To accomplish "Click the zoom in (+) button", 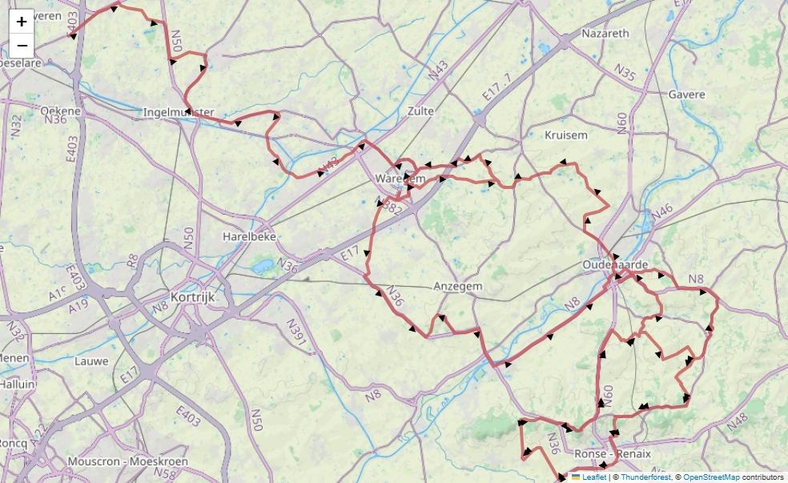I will (x=22, y=22).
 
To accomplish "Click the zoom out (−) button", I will (x=22, y=46).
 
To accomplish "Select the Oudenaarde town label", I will (x=615, y=265).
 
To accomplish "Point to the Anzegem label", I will (x=457, y=286).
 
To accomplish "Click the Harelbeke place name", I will (x=250, y=237).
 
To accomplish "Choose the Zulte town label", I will (x=420, y=111).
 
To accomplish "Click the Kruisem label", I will (x=565, y=135).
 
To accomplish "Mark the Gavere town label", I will (x=686, y=95).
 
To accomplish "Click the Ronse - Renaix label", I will (x=613, y=453).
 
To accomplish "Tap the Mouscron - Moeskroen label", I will (x=127, y=461).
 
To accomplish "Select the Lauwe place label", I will (x=91, y=361).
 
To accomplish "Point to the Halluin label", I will (x=17, y=384).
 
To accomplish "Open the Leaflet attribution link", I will (x=593, y=477).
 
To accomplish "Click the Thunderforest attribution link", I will (x=645, y=477).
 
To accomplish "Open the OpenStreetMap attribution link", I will (x=711, y=477).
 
